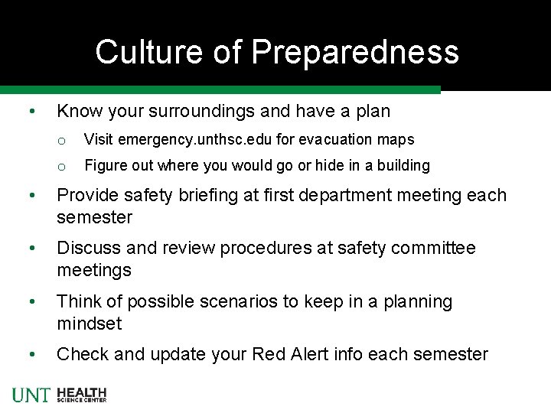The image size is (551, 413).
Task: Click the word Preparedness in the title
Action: pyautogui.click(x=355, y=52)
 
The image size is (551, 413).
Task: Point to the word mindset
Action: pyautogui.click(x=89, y=324)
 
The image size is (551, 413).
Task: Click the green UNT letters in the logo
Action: pyautogui.click(x=31, y=395)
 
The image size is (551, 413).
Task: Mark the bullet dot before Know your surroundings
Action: pyautogui.click(x=28, y=112)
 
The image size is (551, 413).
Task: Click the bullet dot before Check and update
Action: pyautogui.click(x=28, y=355)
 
